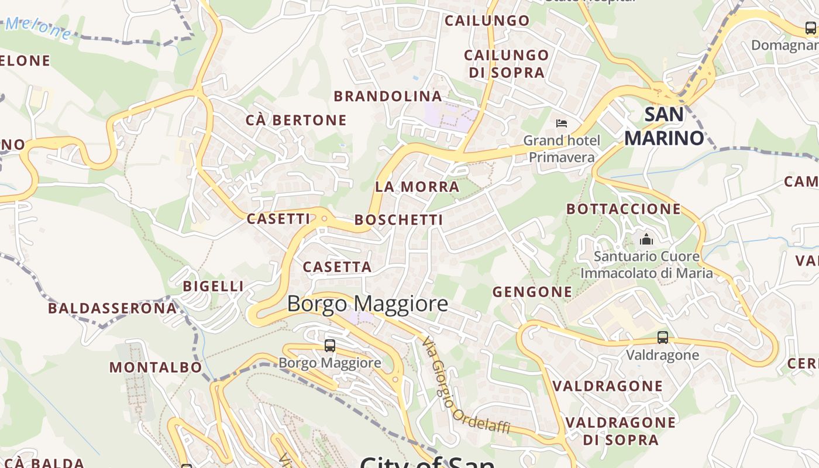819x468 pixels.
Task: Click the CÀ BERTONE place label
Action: pyautogui.click(x=296, y=121)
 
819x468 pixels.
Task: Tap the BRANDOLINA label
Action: pyautogui.click(x=387, y=97)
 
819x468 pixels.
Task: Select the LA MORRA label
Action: pyautogui.click(x=417, y=187)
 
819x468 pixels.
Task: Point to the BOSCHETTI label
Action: pyautogui.click(x=399, y=220)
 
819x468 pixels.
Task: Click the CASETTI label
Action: pyautogui.click(x=278, y=219)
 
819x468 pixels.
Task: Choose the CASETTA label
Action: pyautogui.click(x=337, y=267)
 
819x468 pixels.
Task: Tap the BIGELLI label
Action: pyautogui.click(x=213, y=286)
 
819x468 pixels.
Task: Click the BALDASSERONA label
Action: pyautogui.click(x=112, y=308)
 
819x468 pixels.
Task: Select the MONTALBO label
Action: pyautogui.click(x=156, y=367)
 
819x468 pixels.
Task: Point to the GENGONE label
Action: pyautogui.click(x=532, y=291)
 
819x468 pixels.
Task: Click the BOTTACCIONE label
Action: pyautogui.click(x=624, y=209)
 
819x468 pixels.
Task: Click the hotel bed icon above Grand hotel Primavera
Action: pyautogui.click(x=562, y=123)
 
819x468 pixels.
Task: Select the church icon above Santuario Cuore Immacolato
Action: pyautogui.click(x=646, y=239)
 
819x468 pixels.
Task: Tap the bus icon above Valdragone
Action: pyautogui.click(x=662, y=338)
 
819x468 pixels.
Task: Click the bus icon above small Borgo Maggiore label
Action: pyautogui.click(x=330, y=346)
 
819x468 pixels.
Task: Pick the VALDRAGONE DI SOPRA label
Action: pyautogui.click(x=620, y=431)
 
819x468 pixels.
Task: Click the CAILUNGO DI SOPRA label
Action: pyautogui.click(x=507, y=64)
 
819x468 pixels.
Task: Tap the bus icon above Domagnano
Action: pyautogui.click(x=810, y=27)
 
